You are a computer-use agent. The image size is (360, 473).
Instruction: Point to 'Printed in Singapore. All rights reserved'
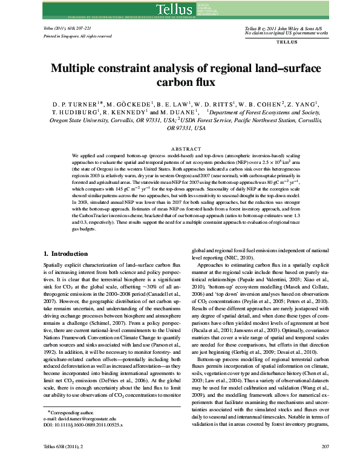click(x=77, y=36)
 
